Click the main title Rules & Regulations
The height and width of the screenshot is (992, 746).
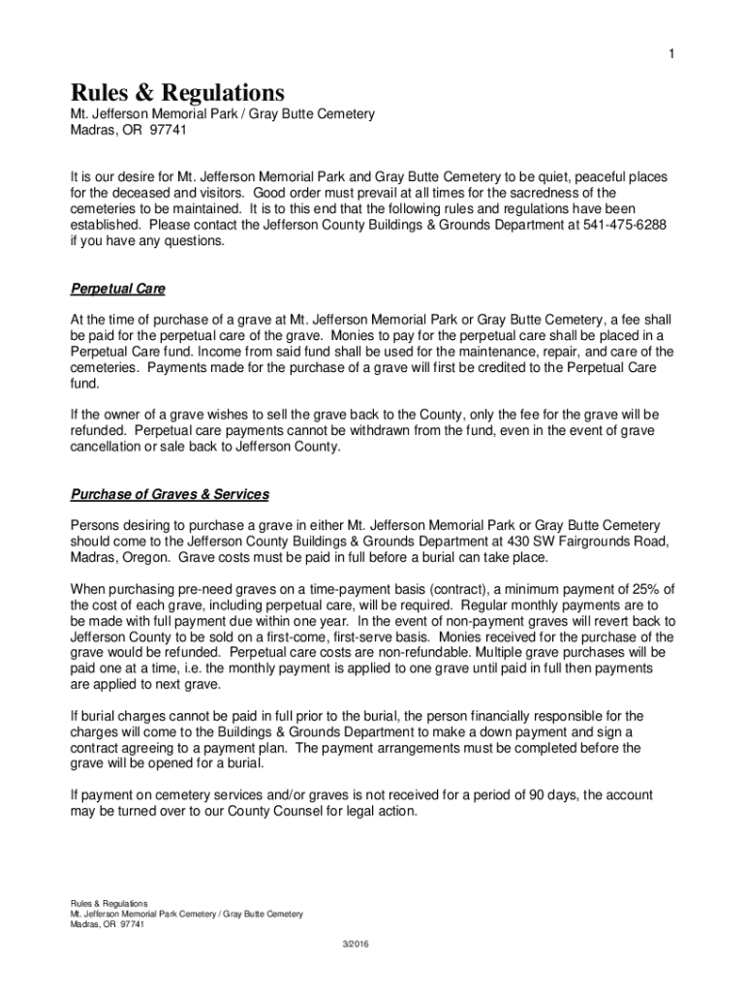[177, 93]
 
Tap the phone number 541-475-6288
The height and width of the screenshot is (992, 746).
[625, 225]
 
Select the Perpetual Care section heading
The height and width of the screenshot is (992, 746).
[117, 289]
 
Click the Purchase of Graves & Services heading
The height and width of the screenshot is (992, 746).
[170, 494]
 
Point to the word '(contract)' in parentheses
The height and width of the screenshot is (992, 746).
[445, 588]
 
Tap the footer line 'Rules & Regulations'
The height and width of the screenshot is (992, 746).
[109, 903]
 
